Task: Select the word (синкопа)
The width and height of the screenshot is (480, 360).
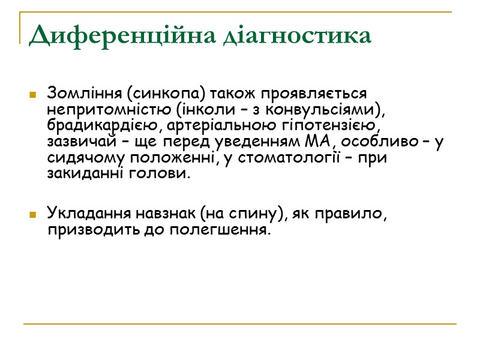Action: point(160,94)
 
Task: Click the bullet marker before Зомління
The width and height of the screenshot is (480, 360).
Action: point(31,95)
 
